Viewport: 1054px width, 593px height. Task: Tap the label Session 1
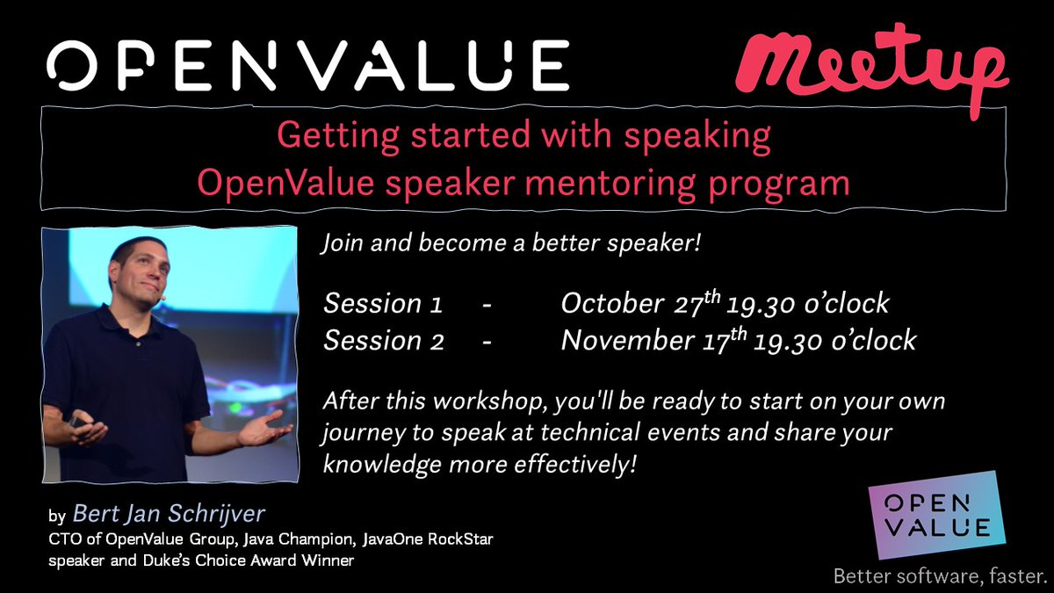pyautogui.click(x=383, y=304)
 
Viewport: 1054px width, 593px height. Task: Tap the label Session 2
pyautogui.click(x=383, y=341)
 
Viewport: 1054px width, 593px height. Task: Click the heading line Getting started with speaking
pyautogui.click(x=523, y=136)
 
